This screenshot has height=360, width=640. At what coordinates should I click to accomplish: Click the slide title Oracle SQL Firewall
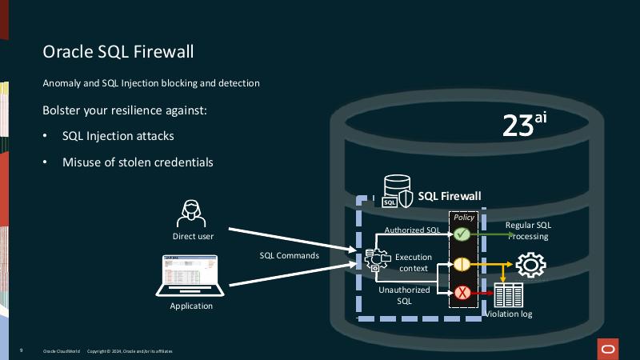(x=118, y=52)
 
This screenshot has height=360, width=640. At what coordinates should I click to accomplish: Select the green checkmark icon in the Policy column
(x=462, y=234)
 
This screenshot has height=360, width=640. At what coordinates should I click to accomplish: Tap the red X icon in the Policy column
(x=462, y=293)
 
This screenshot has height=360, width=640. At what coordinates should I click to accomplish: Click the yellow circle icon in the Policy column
(x=462, y=264)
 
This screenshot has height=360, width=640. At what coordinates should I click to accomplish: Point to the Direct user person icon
(x=193, y=214)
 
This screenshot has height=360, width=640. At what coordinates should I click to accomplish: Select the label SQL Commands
(x=290, y=256)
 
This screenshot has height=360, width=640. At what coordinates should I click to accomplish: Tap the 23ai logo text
(x=524, y=126)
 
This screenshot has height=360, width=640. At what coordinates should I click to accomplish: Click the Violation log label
(x=510, y=314)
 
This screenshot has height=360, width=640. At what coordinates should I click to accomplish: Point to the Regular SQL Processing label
(x=527, y=230)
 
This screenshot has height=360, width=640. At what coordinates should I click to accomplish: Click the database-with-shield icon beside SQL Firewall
(x=397, y=192)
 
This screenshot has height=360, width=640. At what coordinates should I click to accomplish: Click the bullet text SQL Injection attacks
(x=118, y=136)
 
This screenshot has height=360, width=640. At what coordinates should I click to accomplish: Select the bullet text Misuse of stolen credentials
(x=138, y=162)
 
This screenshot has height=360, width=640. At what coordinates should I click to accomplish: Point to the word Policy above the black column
(x=464, y=218)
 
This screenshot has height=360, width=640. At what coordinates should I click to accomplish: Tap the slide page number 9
(x=21, y=351)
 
